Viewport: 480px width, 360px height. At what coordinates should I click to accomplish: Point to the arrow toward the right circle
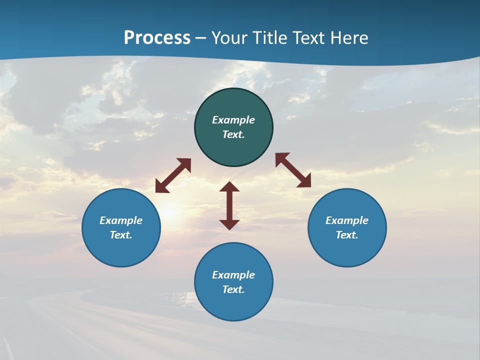(x=293, y=170)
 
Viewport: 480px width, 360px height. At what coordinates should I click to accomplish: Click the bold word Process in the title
(x=157, y=37)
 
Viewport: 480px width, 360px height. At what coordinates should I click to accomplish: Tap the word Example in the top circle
(x=233, y=120)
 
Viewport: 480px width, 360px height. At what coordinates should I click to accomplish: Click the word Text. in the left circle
(x=121, y=235)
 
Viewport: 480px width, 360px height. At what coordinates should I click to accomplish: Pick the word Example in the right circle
(x=347, y=220)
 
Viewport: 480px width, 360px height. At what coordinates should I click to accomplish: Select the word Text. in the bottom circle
(x=233, y=289)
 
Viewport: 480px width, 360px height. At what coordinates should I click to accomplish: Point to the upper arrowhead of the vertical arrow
(x=229, y=187)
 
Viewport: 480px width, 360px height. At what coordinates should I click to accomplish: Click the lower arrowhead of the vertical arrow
(x=229, y=224)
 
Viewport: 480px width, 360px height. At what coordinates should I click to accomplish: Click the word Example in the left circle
(x=121, y=220)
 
